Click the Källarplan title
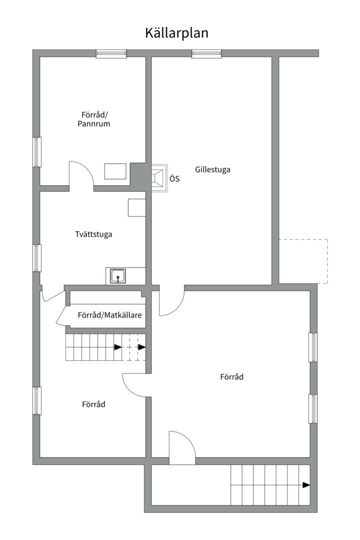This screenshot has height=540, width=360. click(176, 33)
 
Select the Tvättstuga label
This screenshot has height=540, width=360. click(93, 233)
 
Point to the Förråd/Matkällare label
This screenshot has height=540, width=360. click(110, 315)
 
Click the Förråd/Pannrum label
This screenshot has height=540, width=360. click(93, 118)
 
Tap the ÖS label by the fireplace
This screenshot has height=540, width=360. click(174, 178)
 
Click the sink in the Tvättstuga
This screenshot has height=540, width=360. click(118, 276)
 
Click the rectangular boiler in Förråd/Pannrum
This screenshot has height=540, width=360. click(115, 171)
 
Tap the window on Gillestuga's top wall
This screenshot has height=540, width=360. click(206, 53)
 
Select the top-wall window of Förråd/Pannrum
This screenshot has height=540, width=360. click(111, 53)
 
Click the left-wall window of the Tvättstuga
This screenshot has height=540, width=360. click(37, 258)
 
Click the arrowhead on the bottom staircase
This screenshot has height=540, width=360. click(306, 485)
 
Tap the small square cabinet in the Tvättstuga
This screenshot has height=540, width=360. click(136, 207)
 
